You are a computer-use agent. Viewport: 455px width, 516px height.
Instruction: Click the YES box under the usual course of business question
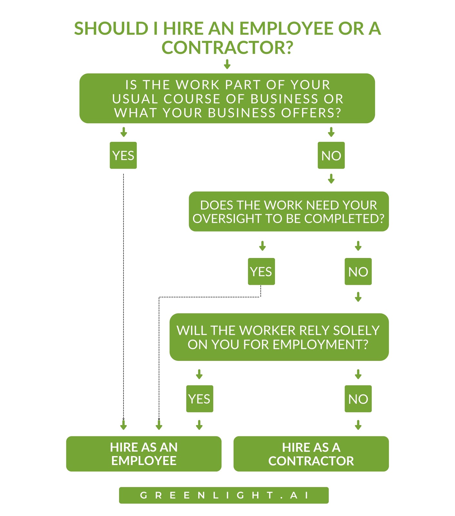pos(123,155)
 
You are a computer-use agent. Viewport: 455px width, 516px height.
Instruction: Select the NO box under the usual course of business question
pos(331,155)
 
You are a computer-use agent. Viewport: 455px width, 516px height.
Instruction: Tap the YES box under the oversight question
pos(261,271)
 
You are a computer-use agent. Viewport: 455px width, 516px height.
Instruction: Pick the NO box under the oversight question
pos(358,271)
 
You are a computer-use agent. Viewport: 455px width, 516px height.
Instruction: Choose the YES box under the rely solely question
pos(200,399)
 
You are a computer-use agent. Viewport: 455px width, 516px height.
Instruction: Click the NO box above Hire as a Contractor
pos(358,399)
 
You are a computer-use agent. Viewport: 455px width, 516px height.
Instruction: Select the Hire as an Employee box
pos(144,454)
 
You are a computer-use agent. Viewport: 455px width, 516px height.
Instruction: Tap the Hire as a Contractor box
pos(311,454)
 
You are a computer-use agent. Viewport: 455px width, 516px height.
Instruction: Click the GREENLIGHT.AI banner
pos(224,495)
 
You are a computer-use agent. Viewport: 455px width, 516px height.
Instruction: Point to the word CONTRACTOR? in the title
pos(228,47)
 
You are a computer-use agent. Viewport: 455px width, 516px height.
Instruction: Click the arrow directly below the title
pos(227,64)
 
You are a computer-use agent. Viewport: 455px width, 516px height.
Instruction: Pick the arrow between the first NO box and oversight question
pos(331,179)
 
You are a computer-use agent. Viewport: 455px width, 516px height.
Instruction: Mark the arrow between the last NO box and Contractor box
pos(358,425)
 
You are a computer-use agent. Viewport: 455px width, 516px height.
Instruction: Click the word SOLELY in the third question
pos(356,331)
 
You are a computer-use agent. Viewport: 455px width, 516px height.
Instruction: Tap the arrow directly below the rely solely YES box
pos(199,425)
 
